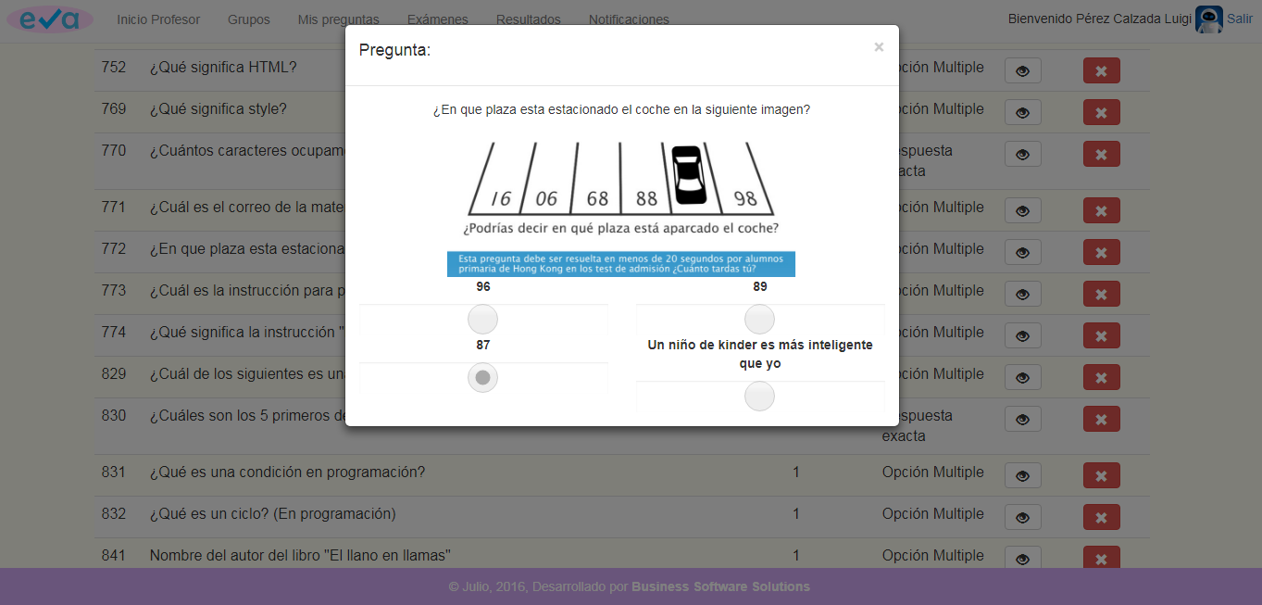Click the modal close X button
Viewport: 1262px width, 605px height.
(x=879, y=47)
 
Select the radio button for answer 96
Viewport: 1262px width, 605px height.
(x=482, y=320)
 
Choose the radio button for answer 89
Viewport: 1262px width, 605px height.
(x=759, y=320)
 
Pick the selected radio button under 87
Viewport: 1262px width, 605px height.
(x=482, y=378)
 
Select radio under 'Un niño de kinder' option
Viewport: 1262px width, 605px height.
(x=759, y=397)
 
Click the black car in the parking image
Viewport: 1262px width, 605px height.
(x=688, y=175)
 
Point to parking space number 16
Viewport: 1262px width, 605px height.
(x=501, y=198)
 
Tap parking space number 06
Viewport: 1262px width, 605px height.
(x=547, y=198)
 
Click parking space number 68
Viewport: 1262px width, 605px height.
(x=597, y=198)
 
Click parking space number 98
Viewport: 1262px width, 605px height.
(x=745, y=198)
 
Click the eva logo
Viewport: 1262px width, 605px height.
(x=50, y=19)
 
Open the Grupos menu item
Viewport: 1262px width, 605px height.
(x=248, y=19)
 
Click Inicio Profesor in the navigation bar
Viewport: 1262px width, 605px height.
(x=157, y=19)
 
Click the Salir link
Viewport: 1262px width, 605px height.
(x=1239, y=19)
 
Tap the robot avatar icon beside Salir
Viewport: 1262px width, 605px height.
(x=1208, y=19)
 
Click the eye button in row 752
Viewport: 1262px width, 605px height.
(x=1022, y=70)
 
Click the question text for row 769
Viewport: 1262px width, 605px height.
(x=218, y=109)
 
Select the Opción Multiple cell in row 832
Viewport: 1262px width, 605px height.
(x=932, y=514)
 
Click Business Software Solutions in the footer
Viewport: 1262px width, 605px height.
(x=720, y=586)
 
